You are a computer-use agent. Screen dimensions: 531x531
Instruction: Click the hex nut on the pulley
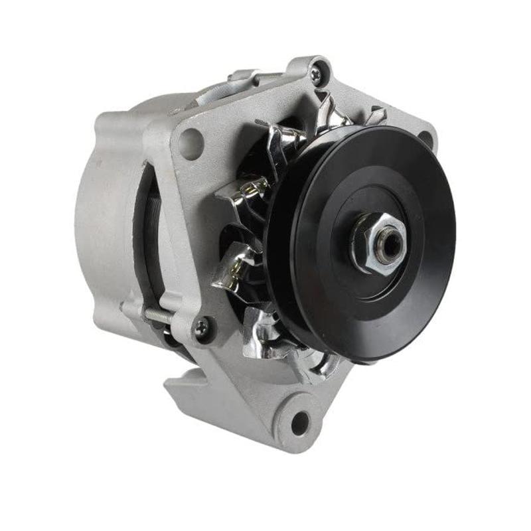[x=375, y=243]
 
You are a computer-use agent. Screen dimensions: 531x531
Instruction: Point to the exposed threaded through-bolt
[x=158, y=317]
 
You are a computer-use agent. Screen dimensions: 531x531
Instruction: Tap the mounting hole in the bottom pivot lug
[x=300, y=422]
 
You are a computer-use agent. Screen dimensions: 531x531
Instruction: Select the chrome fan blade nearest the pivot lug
[x=312, y=362]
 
